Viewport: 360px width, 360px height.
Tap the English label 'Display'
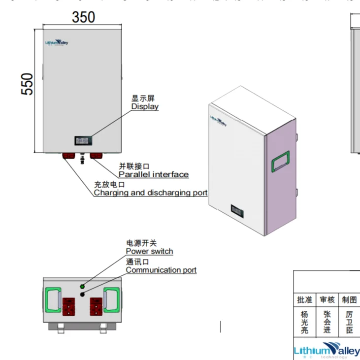(x=145, y=107)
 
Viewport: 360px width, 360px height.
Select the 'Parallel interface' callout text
(x=154, y=174)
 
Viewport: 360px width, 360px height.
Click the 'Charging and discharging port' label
(x=151, y=193)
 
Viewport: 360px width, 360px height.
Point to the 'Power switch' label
(x=149, y=251)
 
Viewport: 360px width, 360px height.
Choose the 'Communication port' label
(x=161, y=270)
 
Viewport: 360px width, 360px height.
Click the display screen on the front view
(x=82, y=141)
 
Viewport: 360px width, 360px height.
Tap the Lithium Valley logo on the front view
(x=57, y=43)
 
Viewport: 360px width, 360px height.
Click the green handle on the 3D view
(x=281, y=161)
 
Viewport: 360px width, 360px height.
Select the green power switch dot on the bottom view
(x=82, y=286)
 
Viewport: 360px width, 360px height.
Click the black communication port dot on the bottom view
(x=82, y=295)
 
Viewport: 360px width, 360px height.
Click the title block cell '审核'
(x=327, y=299)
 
